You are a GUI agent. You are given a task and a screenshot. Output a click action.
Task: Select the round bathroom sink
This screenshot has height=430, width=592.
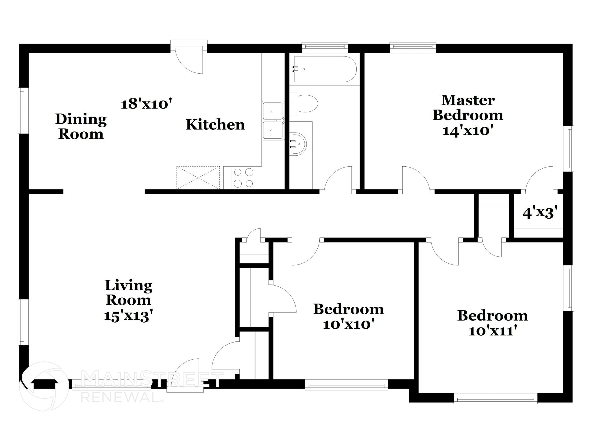298,144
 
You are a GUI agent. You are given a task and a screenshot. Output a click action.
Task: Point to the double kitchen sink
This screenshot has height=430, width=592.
273,121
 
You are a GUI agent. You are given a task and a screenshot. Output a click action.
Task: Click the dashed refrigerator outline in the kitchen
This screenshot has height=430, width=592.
198,178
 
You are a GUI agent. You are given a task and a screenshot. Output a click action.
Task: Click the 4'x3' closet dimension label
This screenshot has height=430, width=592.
540,213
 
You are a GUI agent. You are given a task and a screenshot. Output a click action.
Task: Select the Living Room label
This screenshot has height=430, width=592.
128,293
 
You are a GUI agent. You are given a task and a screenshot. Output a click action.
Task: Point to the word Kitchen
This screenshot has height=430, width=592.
215,125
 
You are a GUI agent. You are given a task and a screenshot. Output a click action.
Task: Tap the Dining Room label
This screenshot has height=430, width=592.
81,126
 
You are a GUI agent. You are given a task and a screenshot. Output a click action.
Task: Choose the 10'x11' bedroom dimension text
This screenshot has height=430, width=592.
492,331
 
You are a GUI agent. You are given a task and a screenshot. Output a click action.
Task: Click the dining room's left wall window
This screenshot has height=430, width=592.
23,111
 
